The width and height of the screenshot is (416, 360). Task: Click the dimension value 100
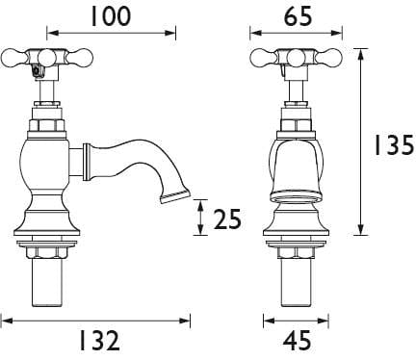(x=111, y=16)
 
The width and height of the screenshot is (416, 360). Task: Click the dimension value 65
(x=298, y=16)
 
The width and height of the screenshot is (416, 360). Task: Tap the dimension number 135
(x=395, y=145)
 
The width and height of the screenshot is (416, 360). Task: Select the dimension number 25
(x=227, y=219)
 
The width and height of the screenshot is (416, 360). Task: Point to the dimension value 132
(x=99, y=341)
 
